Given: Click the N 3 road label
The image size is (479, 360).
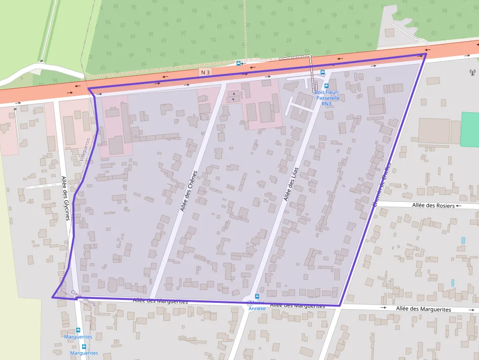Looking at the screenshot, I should [x=205, y=72].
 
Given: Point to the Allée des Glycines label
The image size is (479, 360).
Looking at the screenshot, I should [x=65, y=198].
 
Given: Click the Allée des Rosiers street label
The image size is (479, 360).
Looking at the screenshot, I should [x=433, y=206].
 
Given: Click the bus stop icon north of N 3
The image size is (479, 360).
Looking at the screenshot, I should [x=238, y=63].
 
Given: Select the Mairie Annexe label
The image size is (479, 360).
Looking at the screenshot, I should [x=257, y=306].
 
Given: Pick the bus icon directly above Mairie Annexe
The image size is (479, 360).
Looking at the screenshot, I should [x=257, y=296].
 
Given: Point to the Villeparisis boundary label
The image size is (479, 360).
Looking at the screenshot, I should [x=85, y=149].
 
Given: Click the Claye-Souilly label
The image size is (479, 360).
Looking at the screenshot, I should [x=84, y=297].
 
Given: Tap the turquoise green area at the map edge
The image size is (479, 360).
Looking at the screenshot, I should [x=470, y=129].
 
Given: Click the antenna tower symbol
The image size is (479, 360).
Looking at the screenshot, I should [x=472, y=72].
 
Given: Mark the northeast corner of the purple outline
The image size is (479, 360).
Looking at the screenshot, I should [x=426, y=54].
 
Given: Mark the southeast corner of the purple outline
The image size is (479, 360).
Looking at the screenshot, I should [x=340, y=306].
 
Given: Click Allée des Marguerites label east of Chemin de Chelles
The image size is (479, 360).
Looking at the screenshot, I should [x=423, y=309].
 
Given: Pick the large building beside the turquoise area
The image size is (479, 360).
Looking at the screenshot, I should [x=434, y=130].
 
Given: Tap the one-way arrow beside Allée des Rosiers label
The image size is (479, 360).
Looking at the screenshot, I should [x=458, y=206].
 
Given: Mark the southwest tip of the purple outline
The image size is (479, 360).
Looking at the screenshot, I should [x=52, y=297].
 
